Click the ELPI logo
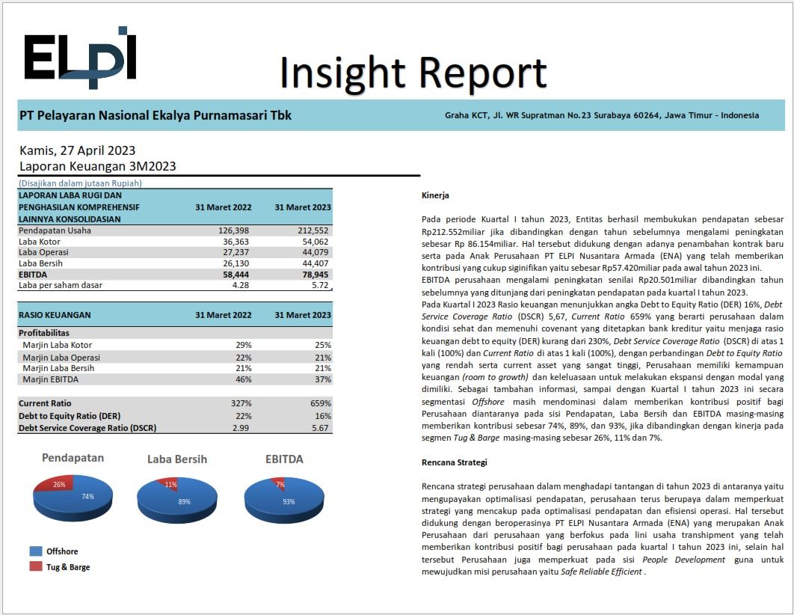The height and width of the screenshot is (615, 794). coord(80,57)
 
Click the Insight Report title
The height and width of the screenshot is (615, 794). coord(413,73)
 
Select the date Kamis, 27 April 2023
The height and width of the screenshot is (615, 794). coord(78,150)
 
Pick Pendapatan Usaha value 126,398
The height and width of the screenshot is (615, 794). coord(233,230)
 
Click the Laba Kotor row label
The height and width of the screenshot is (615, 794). coord(40,242)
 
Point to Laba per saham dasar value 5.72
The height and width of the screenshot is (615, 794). coord(320,285)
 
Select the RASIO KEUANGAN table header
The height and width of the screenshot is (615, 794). coord(55,314)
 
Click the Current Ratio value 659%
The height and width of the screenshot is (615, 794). coord(321,403)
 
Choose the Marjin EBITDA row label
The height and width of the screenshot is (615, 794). coord(51,379)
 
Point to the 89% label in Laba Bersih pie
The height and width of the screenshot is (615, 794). coord(184,501)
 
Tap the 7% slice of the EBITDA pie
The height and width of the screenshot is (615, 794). coord(279,483)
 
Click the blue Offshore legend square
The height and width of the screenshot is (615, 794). coord(36,551)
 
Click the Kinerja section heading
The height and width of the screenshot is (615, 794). coord(435,195)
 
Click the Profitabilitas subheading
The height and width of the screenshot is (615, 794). coord(44,333)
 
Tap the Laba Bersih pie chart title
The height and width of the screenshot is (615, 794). coord(177,459)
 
